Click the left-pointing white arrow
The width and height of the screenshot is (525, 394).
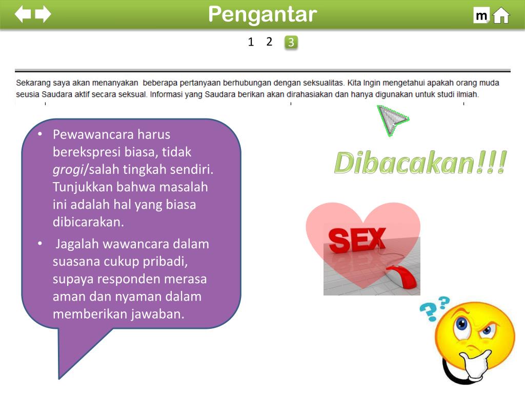23,14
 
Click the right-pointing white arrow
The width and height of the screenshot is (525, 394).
43,14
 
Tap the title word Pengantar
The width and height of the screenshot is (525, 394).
262,14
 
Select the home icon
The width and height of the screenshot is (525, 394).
501,16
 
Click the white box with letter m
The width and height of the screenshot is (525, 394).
481,16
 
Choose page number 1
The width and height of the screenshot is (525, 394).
251,42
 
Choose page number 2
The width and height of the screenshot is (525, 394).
269,42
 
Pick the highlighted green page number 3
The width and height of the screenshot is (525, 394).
291,43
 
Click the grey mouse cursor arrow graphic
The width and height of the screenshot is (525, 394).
391,120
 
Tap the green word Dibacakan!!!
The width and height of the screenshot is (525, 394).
420,163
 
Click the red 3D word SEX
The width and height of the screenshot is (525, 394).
357,240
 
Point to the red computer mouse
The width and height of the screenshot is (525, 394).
402,278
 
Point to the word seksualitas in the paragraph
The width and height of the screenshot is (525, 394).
322,83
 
